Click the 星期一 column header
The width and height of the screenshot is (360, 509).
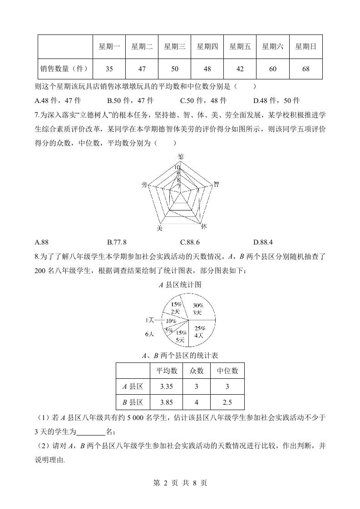[109, 46]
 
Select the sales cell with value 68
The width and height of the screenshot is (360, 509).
[306, 69]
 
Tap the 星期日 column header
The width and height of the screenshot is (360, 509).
[306, 46]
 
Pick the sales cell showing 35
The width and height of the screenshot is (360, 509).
[109, 69]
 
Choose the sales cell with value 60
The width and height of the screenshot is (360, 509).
[273, 69]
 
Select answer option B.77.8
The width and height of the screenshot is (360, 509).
[117, 242]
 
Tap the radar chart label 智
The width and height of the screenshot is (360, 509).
[217, 184]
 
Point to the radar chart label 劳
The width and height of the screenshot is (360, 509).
[144, 185]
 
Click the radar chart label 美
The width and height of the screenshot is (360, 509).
[159, 228]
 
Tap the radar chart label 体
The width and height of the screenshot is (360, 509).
[204, 226]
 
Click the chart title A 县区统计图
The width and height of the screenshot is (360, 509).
[180, 285]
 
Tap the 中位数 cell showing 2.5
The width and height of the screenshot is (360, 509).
[227, 402]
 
